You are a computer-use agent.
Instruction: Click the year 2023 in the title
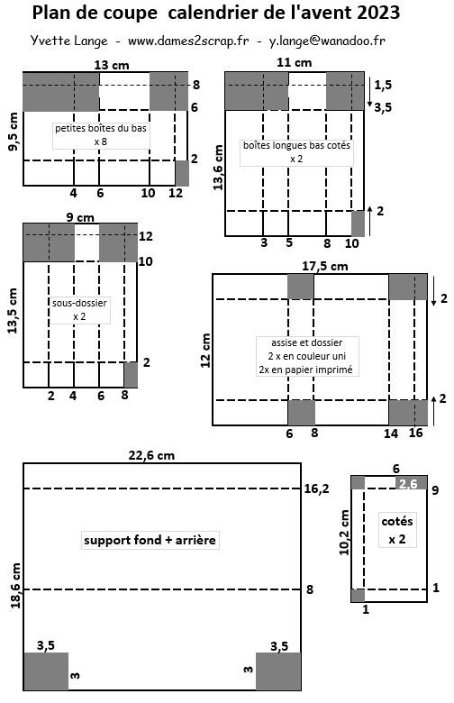pos(378,13)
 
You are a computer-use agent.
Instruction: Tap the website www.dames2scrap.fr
pos(188,41)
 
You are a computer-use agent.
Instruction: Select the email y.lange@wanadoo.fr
pos(327,41)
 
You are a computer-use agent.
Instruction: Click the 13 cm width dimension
pos(112,65)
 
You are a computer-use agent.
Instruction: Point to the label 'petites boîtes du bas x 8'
pos(101,135)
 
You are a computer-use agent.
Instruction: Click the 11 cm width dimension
pos(294,62)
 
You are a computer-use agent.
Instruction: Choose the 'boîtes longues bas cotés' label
pos(296,152)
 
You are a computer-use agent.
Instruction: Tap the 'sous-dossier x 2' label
pos(80,310)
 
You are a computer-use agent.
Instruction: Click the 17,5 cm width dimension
pos(325,266)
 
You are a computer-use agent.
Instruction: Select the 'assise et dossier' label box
pos(307,356)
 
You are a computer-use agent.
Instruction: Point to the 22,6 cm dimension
pos(151,455)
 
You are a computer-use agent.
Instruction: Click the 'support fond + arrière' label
pos(150,540)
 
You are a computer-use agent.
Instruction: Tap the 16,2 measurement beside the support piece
pos(316,488)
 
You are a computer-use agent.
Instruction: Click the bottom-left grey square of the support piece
pos(46,671)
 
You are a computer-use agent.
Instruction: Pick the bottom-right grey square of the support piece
pos(278,671)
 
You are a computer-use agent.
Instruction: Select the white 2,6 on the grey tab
pos(408,483)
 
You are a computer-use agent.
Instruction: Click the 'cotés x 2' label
pos(397,530)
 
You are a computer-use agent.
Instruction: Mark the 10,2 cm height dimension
pos(344,532)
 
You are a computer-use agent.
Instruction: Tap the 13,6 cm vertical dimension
pos(218,168)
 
